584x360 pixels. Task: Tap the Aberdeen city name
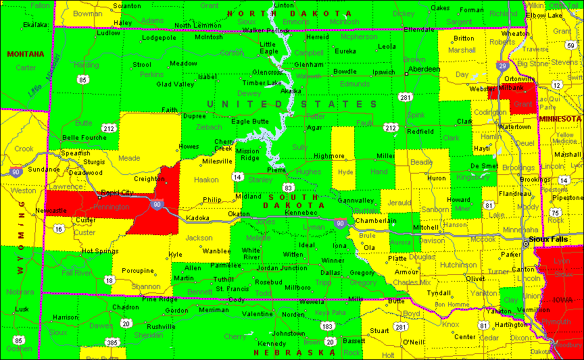coord(423,69)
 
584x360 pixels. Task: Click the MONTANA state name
coord(25,54)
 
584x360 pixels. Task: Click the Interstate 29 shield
coord(502,66)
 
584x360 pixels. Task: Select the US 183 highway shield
coord(328,326)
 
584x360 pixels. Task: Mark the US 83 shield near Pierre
coord(289,186)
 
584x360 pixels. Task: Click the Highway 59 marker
coord(571,45)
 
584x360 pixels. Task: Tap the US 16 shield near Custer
coord(59,229)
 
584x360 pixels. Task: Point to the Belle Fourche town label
coord(84,137)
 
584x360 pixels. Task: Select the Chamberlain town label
coord(376,221)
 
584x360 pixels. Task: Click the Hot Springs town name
coord(100,251)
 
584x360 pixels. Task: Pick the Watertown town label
coord(514,126)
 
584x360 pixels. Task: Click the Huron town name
coord(437,178)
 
